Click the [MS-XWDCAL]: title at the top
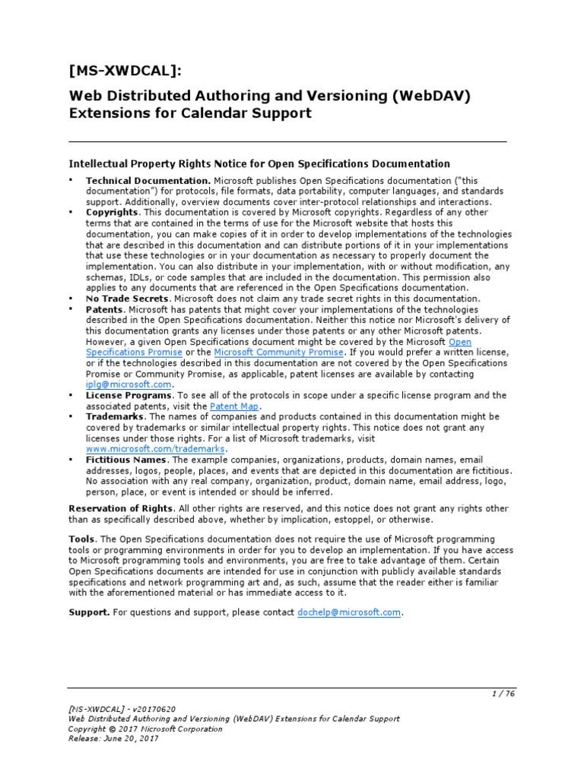[x=126, y=71]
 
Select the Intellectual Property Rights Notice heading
[x=259, y=163]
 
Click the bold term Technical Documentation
[x=148, y=181]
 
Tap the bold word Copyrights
[x=113, y=213]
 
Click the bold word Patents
[x=105, y=309]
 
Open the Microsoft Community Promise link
[x=279, y=353]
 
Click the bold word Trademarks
[x=116, y=417]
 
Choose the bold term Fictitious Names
[x=126, y=460]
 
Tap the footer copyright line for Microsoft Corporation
[x=145, y=729]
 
